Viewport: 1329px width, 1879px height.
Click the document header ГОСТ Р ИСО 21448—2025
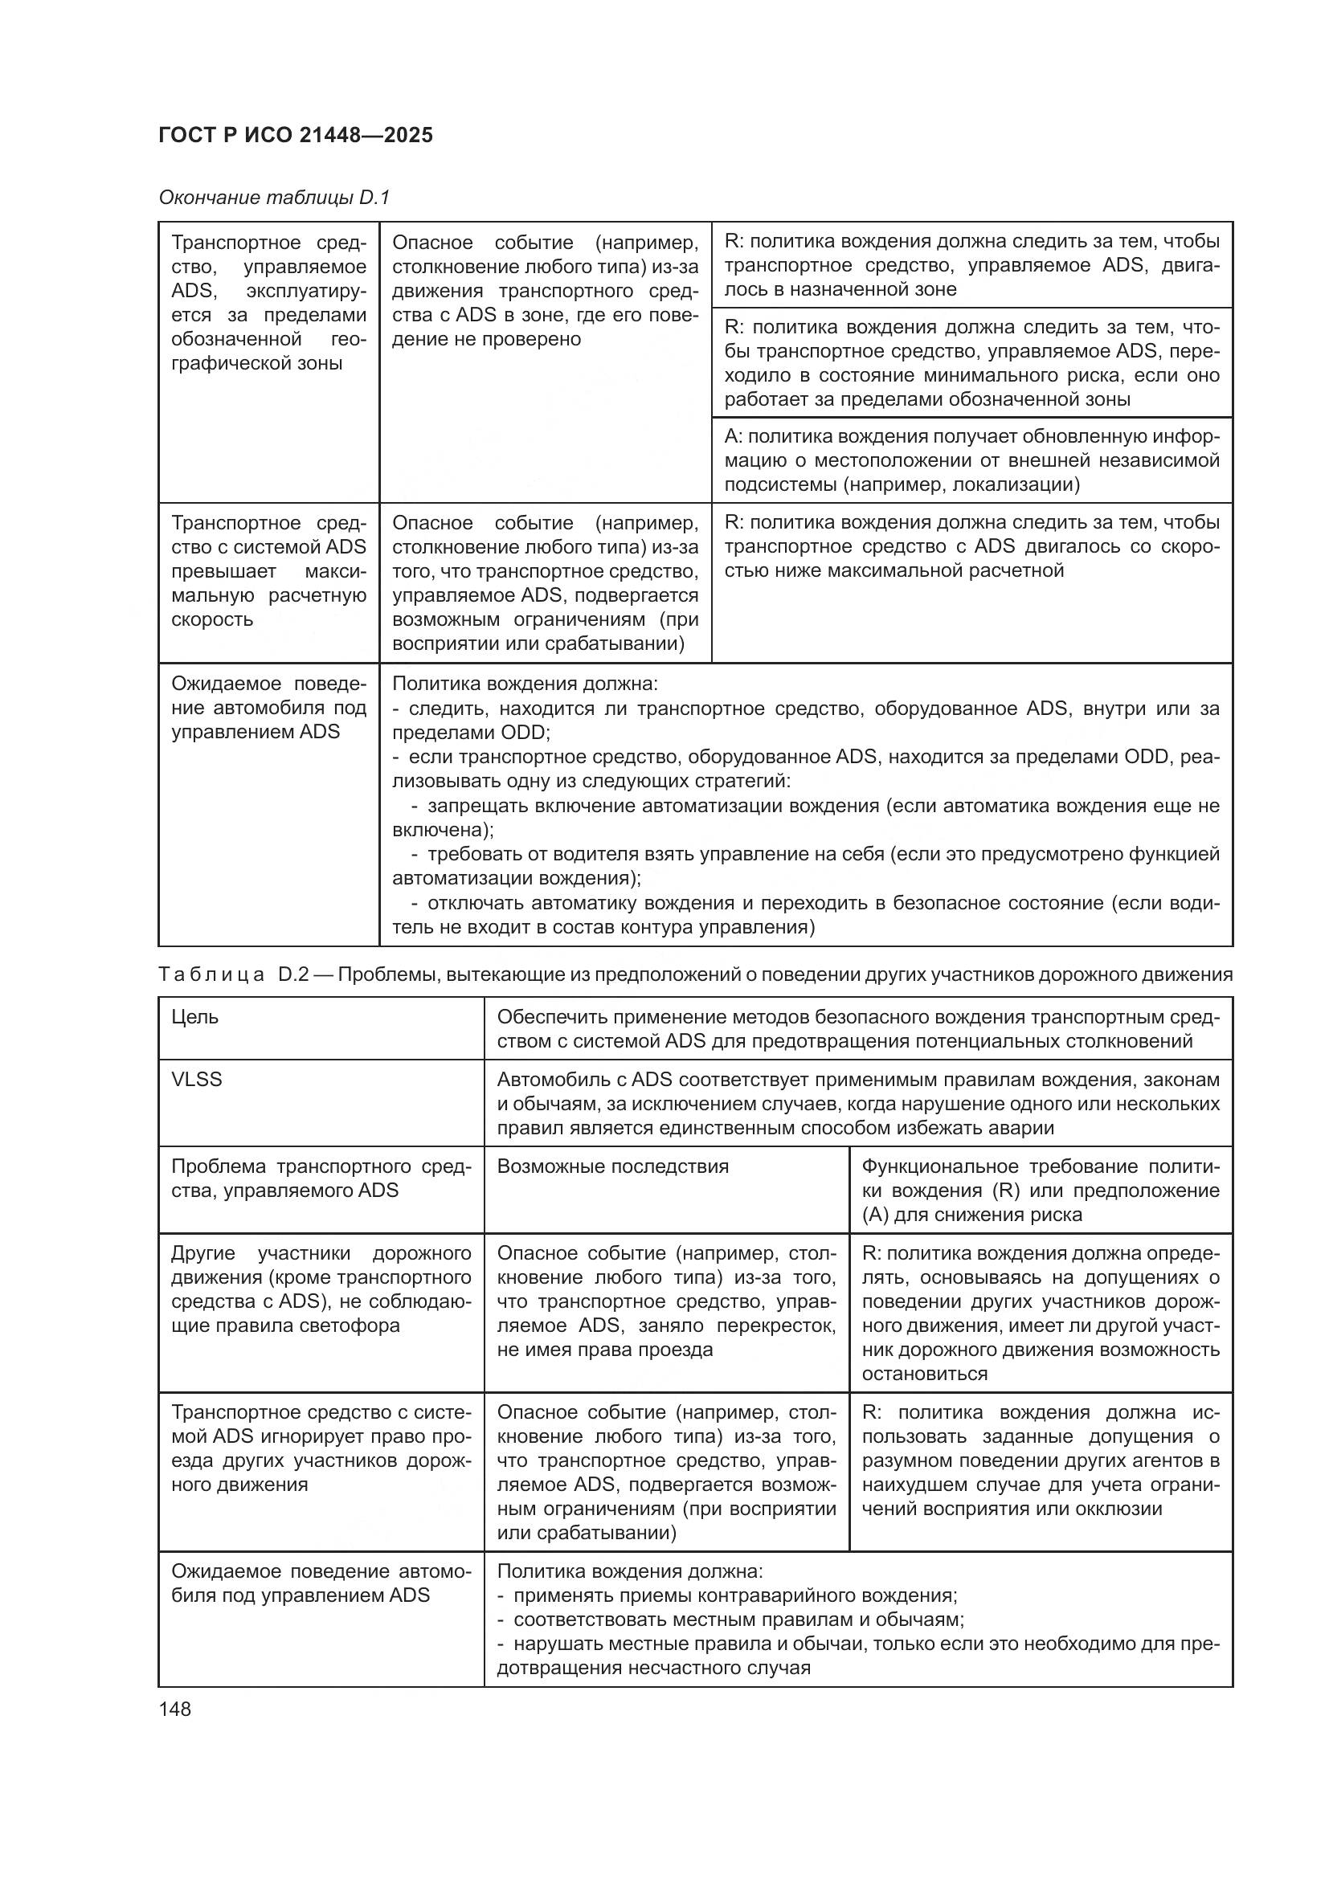click(x=296, y=135)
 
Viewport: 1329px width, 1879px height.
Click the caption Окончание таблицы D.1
click(x=274, y=198)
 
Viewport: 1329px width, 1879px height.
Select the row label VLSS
click(x=196, y=1080)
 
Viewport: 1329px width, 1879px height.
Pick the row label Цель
click(x=194, y=1016)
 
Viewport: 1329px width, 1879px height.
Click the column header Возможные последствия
click(x=612, y=1166)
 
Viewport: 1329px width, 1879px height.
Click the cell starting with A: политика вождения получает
click(x=971, y=460)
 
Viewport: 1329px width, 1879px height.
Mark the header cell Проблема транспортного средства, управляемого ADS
click(x=321, y=1178)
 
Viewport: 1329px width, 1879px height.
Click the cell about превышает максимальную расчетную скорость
click(x=268, y=571)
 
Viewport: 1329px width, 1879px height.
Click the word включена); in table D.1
click(x=443, y=830)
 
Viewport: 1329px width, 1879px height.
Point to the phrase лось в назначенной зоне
click(x=840, y=289)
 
